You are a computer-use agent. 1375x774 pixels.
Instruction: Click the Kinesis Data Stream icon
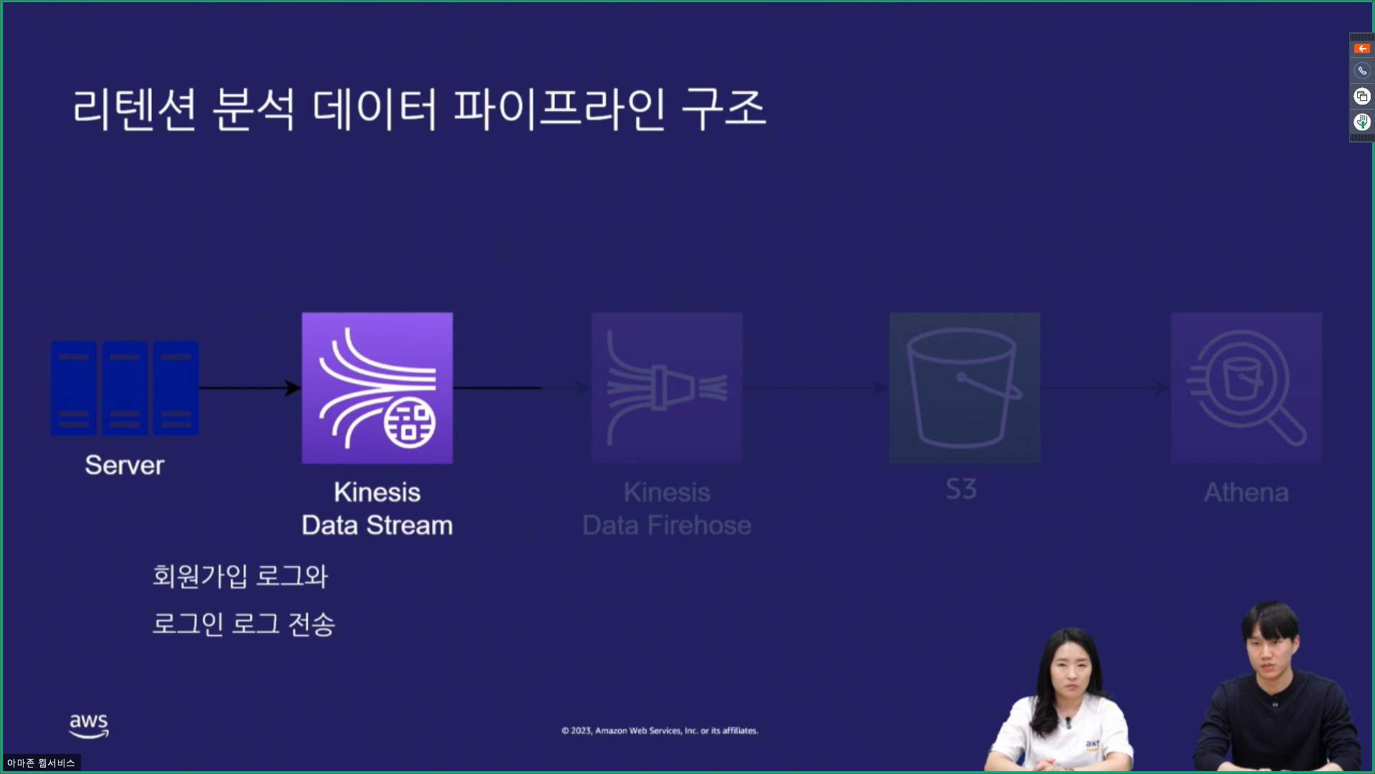tap(377, 388)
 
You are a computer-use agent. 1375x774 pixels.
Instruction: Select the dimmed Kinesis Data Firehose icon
tap(667, 388)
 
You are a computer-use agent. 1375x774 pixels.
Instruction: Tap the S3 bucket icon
tap(964, 388)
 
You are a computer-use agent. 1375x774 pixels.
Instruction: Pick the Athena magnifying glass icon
tap(1246, 388)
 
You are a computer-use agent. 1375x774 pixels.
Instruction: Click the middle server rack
tap(125, 388)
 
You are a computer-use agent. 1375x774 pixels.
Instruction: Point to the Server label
tap(125, 465)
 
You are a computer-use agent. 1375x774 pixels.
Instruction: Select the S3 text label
tap(961, 489)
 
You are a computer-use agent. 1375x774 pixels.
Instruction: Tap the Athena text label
tap(1246, 492)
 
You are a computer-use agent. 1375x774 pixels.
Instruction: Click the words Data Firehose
tap(667, 525)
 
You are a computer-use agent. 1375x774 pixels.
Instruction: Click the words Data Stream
tap(377, 525)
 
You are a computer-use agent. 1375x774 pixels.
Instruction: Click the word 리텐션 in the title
tap(135, 109)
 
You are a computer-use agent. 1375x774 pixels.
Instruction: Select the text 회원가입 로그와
tap(240, 576)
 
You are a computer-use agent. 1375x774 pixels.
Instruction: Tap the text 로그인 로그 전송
tap(243, 623)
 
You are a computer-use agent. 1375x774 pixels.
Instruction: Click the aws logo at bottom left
tap(89, 725)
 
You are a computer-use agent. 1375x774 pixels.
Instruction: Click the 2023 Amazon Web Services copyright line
tap(660, 730)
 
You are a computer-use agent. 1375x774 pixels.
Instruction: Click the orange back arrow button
tap(1361, 49)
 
